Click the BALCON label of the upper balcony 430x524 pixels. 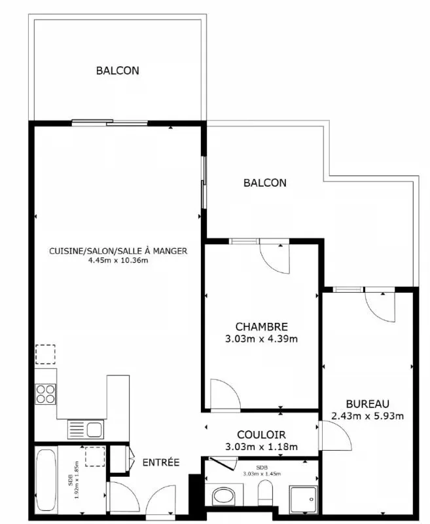click(x=118, y=71)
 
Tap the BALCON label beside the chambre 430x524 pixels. click(x=265, y=183)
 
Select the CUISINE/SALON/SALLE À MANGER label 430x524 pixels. click(x=118, y=251)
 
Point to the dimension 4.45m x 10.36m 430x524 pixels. click(x=118, y=261)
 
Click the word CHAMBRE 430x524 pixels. click(x=261, y=326)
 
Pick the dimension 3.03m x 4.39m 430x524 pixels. click(x=261, y=339)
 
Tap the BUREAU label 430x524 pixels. click(x=368, y=404)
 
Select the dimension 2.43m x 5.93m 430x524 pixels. click(x=368, y=416)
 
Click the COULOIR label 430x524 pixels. click(x=261, y=435)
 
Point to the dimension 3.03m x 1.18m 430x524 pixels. click(x=261, y=447)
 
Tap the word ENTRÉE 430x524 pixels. click(x=161, y=462)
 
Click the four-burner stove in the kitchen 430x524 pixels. click(x=45, y=394)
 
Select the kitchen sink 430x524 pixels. click(x=86, y=430)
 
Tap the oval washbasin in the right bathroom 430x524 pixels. click(x=224, y=496)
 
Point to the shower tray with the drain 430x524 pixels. click(x=303, y=499)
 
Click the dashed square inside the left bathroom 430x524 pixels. click(x=95, y=456)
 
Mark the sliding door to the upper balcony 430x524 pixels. click(x=110, y=122)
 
